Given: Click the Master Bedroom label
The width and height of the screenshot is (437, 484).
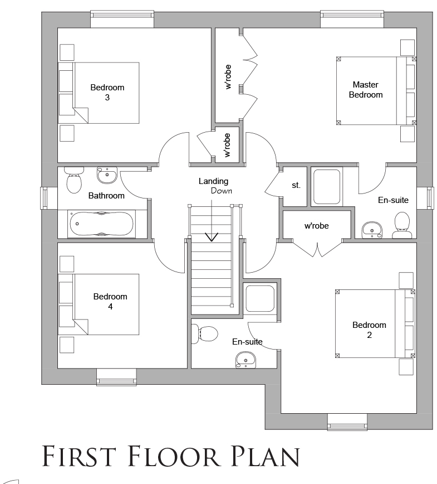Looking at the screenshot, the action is coord(366,90).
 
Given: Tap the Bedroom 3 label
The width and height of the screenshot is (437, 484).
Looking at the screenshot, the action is coord(107,93).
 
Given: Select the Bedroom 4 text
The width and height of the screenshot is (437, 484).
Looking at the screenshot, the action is coord(110,301).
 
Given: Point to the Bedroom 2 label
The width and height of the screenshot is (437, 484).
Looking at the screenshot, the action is coord(369,330).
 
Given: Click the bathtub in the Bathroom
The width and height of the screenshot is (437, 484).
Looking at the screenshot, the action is coord(101,224).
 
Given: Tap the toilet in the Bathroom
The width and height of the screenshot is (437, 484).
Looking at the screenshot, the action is coord(74,180).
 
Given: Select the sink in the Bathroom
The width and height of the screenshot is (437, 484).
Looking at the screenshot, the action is coord(107,175).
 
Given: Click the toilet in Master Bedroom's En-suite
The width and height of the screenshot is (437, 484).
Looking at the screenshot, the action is coord(402,225).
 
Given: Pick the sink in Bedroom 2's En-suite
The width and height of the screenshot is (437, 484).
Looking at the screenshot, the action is coord(245,360).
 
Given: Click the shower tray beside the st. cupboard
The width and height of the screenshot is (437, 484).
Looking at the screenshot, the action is coord(327,187).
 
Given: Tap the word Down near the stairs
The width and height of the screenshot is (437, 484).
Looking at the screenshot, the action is coord(221,191).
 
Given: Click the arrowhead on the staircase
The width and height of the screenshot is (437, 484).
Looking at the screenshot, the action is coord(212,237).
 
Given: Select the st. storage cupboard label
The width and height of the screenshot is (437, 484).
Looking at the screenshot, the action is coord(296,185).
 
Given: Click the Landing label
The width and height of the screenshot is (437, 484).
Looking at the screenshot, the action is coord(213,181).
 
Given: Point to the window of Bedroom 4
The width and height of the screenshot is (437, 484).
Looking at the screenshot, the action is coord(116,377).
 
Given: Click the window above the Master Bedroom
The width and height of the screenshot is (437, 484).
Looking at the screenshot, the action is coord(352,19).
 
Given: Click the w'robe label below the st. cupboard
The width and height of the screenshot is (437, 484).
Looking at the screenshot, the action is coord(317,226).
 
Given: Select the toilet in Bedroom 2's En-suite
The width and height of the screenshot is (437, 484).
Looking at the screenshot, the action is coord(205,334).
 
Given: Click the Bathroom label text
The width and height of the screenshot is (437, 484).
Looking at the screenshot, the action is coord(106,195).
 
